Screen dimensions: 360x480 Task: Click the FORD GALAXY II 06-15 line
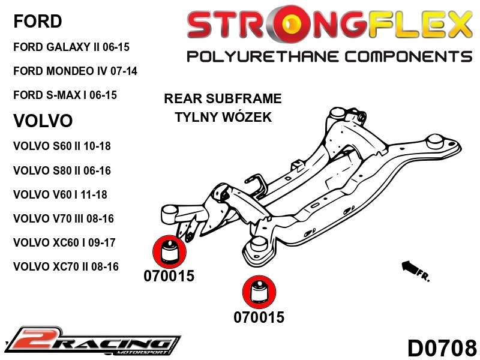(71, 46)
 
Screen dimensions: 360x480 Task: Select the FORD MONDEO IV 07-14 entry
(75, 71)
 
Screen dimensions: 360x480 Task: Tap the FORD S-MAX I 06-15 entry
(65, 95)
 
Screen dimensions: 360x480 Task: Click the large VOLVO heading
(43, 121)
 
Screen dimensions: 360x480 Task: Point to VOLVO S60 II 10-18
(62, 146)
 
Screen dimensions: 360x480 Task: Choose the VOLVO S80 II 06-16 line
(62, 170)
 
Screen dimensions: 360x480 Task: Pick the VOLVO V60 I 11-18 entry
(60, 194)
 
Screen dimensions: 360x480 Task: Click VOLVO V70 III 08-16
(63, 218)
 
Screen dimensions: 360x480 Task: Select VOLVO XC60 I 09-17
(64, 242)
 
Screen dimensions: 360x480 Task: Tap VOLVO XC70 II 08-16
(65, 266)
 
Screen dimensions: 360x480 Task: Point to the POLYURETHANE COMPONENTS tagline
(329, 56)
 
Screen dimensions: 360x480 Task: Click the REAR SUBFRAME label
(223, 98)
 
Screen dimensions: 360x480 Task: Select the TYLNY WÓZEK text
(223, 116)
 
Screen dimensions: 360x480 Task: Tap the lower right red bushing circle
(259, 292)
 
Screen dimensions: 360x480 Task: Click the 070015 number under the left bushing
(169, 276)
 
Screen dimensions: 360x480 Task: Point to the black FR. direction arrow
(415, 269)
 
